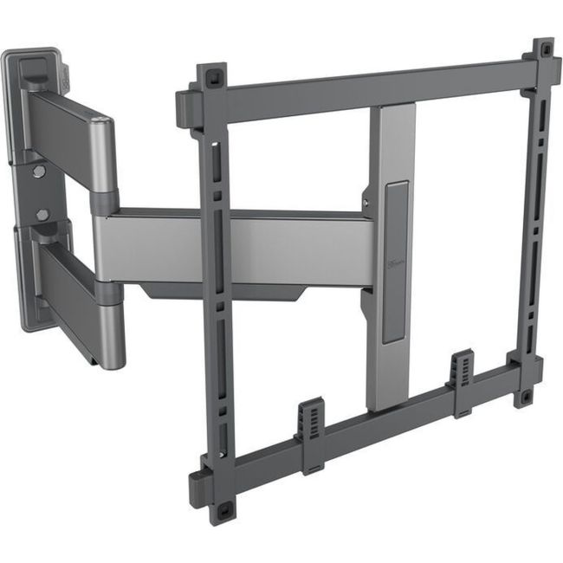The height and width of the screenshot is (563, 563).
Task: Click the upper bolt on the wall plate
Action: click(x=38, y=171)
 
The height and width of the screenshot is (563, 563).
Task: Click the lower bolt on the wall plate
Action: click(x=42, y=214)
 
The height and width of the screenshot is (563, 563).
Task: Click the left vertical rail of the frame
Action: click(x=215, y=286)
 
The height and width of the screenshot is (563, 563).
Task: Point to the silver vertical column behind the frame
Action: click(x=390, y=329)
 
